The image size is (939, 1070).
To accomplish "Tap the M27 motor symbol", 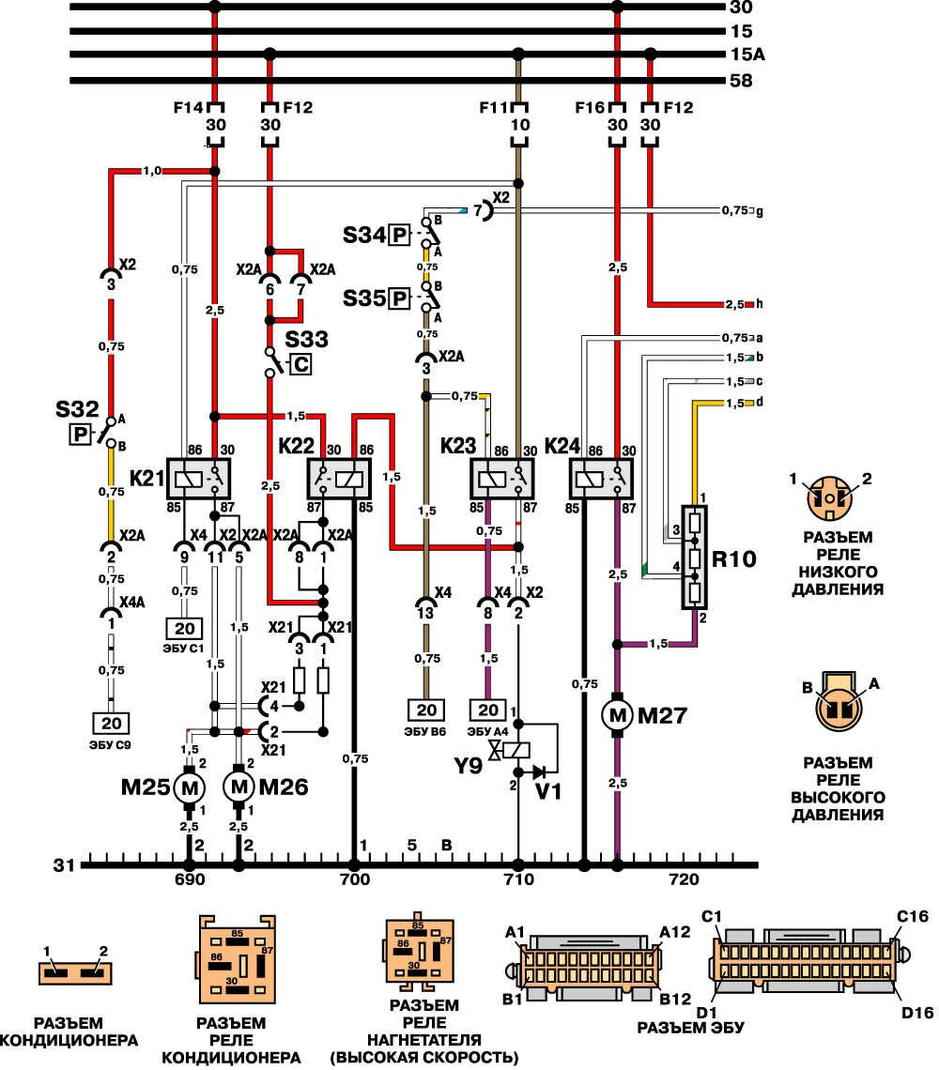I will point(618,716).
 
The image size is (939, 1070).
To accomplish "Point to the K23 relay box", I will point(501,479).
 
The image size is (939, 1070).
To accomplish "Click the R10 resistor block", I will point(695,558).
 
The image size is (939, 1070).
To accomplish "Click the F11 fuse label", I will point(496,106).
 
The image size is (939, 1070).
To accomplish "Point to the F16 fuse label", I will point(590,106).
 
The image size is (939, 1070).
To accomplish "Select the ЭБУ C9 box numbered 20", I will point(110,723).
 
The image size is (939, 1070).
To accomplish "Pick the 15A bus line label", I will point(748,54).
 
